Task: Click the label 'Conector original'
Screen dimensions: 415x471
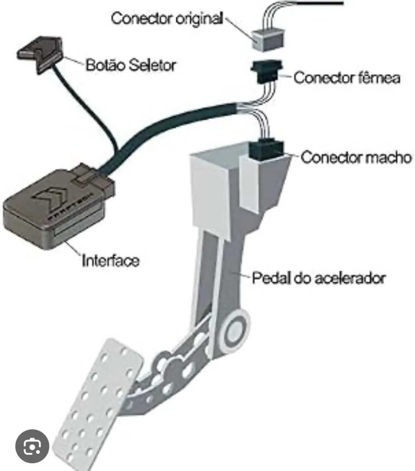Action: (166, 19)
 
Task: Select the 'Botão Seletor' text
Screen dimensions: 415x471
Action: (131, 65)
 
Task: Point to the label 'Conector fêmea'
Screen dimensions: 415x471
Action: (347, 78)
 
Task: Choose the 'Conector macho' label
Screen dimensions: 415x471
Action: (356, 157)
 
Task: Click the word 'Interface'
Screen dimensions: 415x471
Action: (111, 261)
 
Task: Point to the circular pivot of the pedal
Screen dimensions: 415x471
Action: (235, 330)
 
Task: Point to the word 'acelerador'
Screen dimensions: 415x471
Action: (350, 278)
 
